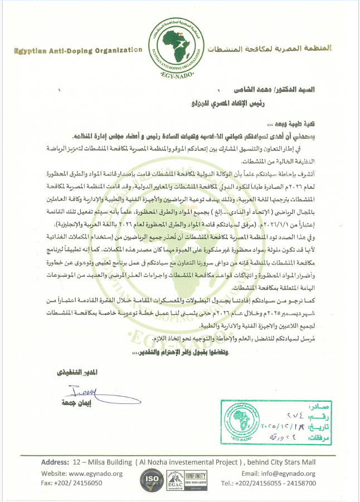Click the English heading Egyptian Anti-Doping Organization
(x=78, y=51)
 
